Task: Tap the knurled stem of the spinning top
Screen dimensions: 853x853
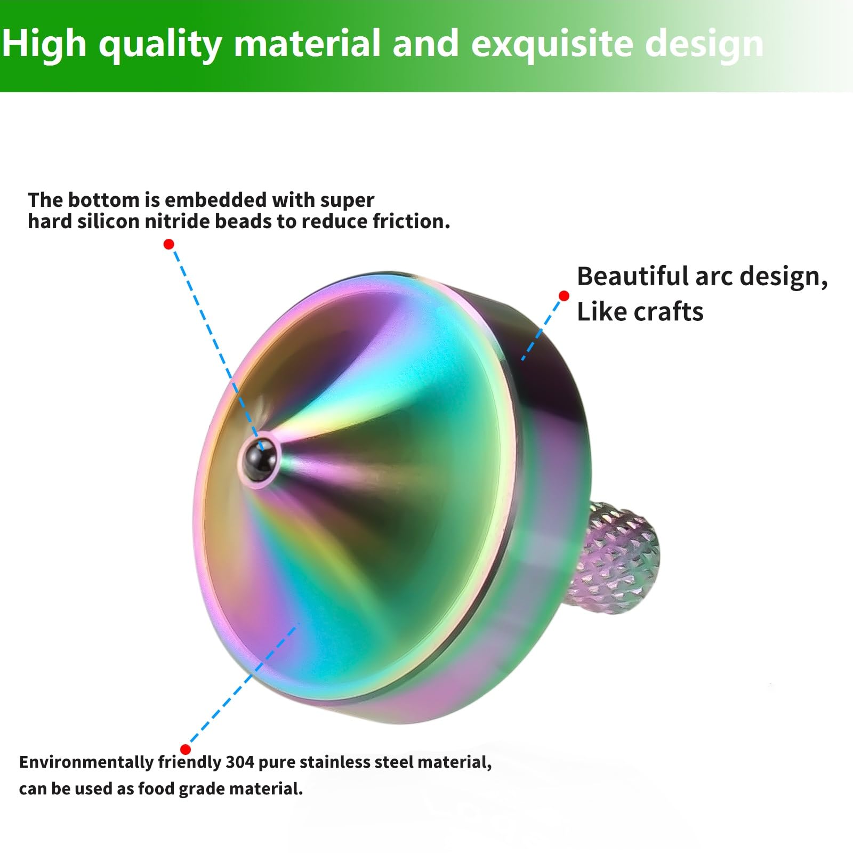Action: [x=621, y=557]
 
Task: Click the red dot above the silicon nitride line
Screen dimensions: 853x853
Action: [x=168, y=244]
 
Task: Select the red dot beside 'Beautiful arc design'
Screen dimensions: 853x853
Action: [x=564, y=295]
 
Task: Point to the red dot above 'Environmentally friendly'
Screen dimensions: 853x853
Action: [x=186, y=749]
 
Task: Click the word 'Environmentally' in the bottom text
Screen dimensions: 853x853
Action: [x=86, y=763]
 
